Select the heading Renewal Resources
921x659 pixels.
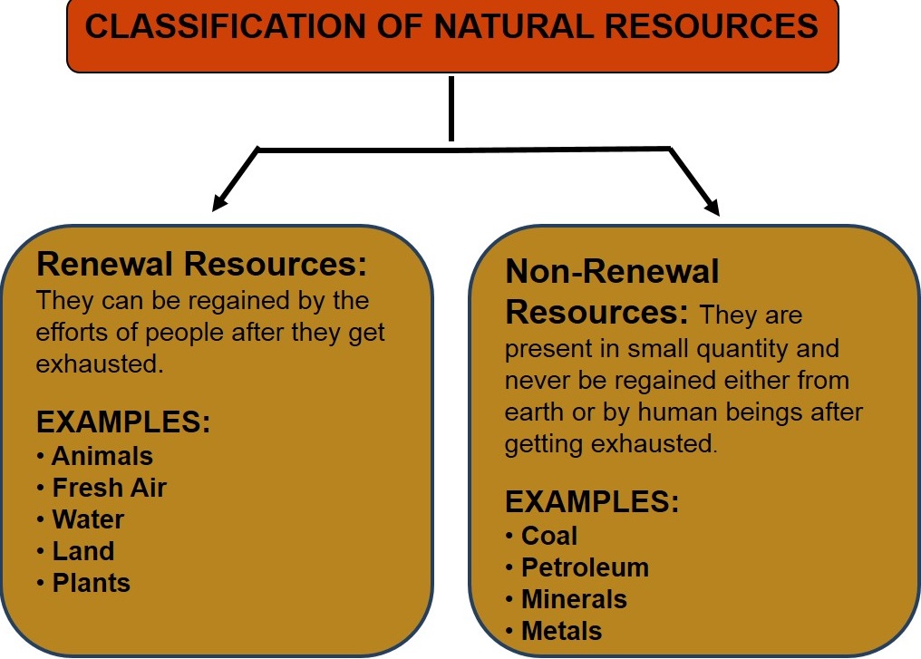click(201, 266)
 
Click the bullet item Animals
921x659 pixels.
click(102, 456)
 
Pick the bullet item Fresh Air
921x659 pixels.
click(110, 488)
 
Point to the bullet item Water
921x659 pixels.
click(88, 519)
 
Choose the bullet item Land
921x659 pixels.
click(83, 551)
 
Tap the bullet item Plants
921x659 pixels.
click(92, 583)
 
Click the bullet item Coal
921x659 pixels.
click(549, 536)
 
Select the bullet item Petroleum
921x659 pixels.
click(585, 567)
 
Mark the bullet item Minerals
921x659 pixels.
click(574, 599)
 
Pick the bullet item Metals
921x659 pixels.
click(562, 631)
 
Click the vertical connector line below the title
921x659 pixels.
click(451, 109)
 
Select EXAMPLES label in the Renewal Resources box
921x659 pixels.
click(123, 423)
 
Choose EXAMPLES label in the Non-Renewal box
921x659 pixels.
click(592, 502)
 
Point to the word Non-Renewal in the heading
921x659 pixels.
click(612, 271)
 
